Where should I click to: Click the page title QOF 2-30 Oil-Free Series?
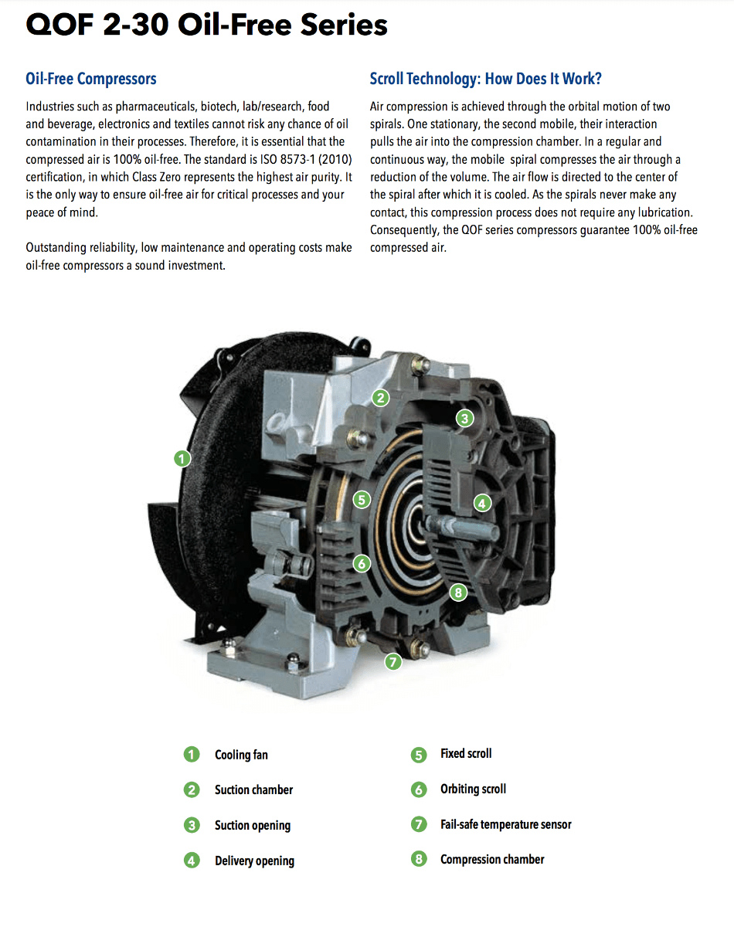click(206, 25)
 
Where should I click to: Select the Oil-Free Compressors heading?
click(91, 79)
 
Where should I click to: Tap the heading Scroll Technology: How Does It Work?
click(485, 79)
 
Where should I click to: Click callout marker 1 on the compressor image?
click(182, 459)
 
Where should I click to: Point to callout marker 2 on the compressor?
click(380, 398)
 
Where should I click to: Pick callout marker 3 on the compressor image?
click(464, 419)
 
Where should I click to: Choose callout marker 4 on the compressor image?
click(482, 504)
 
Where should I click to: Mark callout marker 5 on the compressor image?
click(362, 499)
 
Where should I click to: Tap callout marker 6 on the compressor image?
click(362, 563)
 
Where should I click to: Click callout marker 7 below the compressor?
click(393, 661)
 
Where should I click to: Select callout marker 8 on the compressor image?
click(458, 593)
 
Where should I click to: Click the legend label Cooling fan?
click(241, 755)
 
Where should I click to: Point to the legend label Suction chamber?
click(253, 789)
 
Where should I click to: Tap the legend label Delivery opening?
click(254, 861)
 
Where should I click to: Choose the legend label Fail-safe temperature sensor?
click(505, 824)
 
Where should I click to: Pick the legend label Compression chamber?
click(492, 859)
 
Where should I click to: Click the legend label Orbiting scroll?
click(473, 789)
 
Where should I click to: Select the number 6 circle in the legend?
click(419, 789)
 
